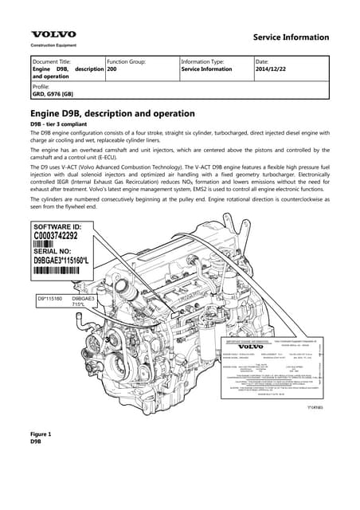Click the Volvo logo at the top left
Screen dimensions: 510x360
pos(53,35)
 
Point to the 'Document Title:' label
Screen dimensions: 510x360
pos(51,61)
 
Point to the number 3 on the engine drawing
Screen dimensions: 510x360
pos(106,341)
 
